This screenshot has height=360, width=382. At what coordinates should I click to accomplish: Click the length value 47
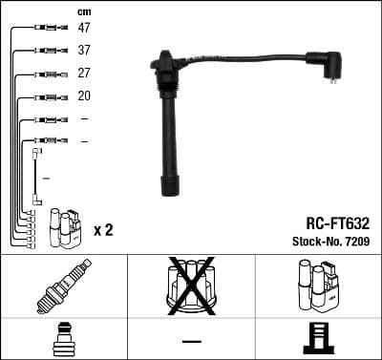coord(84,29)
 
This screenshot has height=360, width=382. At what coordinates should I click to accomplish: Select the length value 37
coord(84,51)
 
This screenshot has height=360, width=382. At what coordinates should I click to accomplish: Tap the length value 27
coord(84,74)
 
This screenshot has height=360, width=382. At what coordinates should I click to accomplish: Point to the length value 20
coord(84,96)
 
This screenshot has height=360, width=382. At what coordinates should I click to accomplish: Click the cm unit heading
coord(83,11)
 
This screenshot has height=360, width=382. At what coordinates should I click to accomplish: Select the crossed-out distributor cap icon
coord(191,286)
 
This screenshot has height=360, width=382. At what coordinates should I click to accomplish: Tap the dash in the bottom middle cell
coord(191,340)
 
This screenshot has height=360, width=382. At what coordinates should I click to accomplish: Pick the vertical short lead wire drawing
coord(36,177)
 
